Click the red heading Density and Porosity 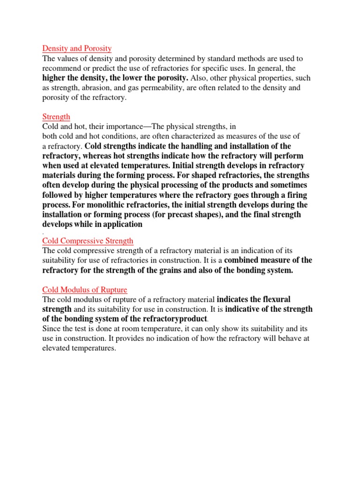coord(77,48)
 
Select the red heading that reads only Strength coord(56,116)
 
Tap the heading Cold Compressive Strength coord(88,241)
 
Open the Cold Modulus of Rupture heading coord(84,290)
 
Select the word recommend coord(60,68)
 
